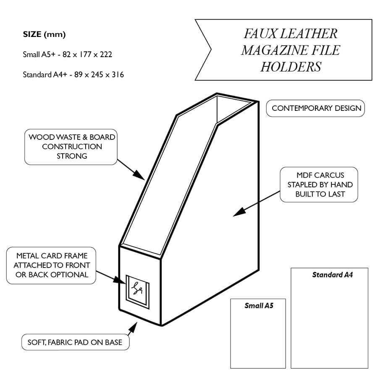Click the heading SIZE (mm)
[x=44, y=34]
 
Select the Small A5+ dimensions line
[x=67, y=55]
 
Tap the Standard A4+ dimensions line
[x=73, y=75]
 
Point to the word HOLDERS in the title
[x=291, y=66]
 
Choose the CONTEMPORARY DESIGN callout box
[x=316, y=108]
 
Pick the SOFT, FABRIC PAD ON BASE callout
[x=75, y=342]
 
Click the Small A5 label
[x=259, y=305]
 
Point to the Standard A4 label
[x=332, y=275]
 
